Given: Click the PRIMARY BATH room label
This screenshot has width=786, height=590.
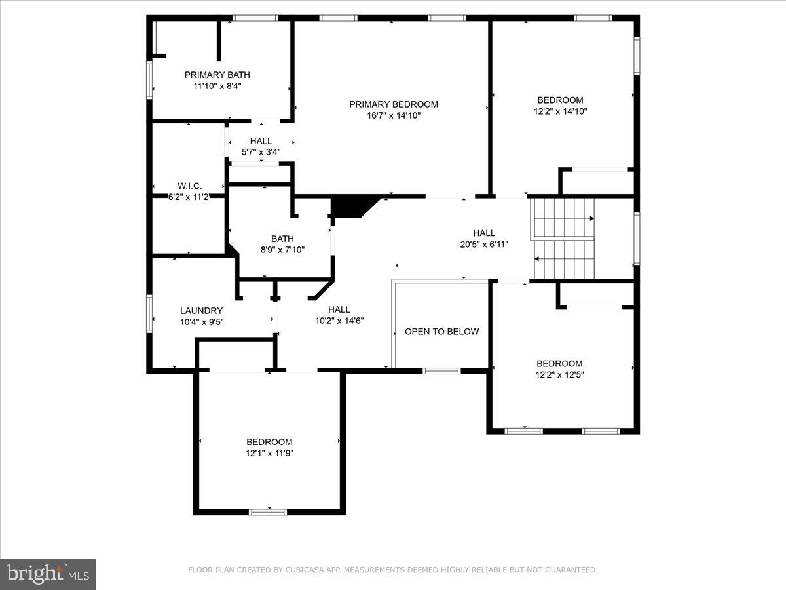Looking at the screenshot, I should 217,75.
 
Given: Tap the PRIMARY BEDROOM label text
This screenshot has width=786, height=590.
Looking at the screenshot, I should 393,104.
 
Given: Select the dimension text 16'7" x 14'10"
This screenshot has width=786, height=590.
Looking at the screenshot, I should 393,115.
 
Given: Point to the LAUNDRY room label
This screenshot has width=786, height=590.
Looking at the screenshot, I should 201,310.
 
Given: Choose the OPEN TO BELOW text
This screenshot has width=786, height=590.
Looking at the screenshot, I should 441,331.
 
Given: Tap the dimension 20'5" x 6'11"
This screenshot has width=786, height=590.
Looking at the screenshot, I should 484,244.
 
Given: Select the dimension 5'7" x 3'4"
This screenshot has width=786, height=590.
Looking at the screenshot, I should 261,152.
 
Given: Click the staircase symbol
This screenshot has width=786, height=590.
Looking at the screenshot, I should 563,239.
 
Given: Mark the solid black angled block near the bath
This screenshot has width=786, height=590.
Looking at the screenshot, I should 352,206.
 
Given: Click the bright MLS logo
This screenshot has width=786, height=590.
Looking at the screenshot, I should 48,574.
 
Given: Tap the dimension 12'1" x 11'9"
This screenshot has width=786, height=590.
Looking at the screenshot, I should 269,453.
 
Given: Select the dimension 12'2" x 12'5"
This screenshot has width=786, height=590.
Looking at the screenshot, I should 559,375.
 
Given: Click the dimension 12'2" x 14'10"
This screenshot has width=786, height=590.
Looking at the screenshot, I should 560,111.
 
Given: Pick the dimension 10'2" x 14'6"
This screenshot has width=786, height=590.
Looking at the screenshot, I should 339,321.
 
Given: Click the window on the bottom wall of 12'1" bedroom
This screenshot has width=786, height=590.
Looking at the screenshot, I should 268,511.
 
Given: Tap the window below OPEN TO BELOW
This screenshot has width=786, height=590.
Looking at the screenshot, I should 441,371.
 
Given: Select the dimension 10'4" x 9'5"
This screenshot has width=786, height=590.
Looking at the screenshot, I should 201,322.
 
